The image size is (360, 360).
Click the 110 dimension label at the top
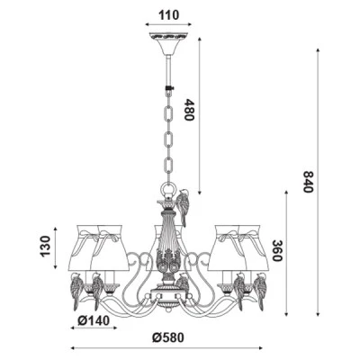(x=169, y=15)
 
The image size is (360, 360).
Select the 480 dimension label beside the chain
(x=189, y=110)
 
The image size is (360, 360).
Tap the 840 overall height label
(x=308, y=182)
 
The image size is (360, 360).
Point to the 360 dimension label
(x=277, y=251)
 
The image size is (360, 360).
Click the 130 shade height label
(x=45, y=247)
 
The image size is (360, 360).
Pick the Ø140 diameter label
(x=94, y=321)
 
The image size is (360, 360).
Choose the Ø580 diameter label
(x=167, y=337)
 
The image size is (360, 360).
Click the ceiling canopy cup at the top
(x=168, y=43)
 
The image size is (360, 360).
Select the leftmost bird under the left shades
(x=76, y=291)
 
